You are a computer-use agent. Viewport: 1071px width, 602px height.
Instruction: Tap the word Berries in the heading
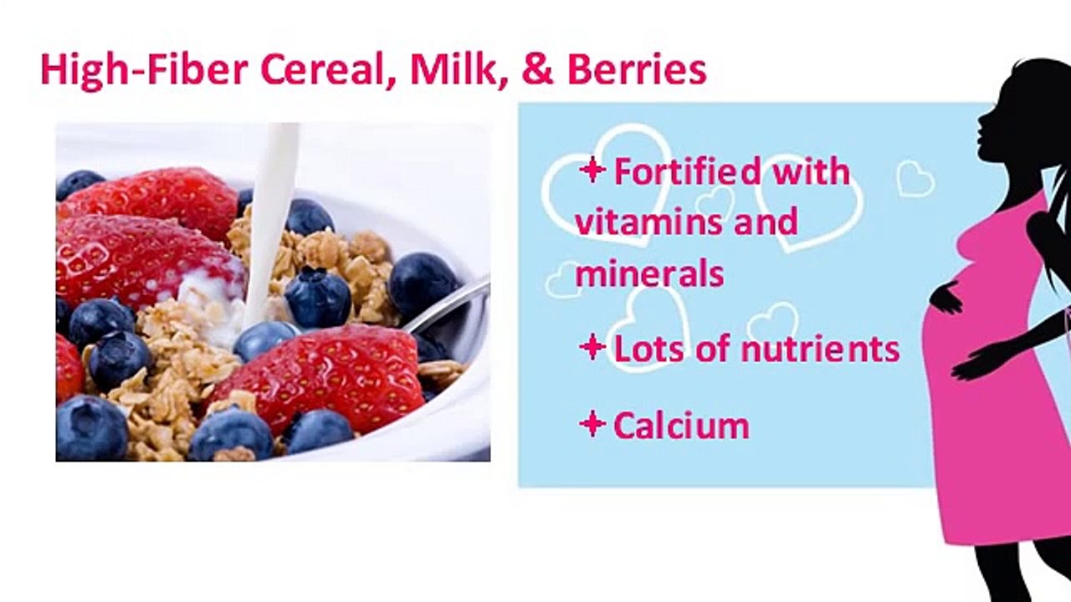pos(637,70)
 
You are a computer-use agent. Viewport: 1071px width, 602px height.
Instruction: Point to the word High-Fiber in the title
pos(145,70)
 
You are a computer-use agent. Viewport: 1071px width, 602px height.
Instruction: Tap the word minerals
pos(649,273)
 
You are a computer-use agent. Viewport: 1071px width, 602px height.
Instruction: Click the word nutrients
pos(828,349)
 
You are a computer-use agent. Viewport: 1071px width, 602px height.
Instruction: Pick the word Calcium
pos(681,426)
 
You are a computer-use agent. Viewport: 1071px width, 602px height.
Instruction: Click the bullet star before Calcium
pos(592,425)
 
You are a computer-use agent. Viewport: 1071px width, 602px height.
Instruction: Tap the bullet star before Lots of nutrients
pos(592,348)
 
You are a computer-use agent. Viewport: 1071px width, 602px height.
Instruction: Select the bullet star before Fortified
pos(592,171)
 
